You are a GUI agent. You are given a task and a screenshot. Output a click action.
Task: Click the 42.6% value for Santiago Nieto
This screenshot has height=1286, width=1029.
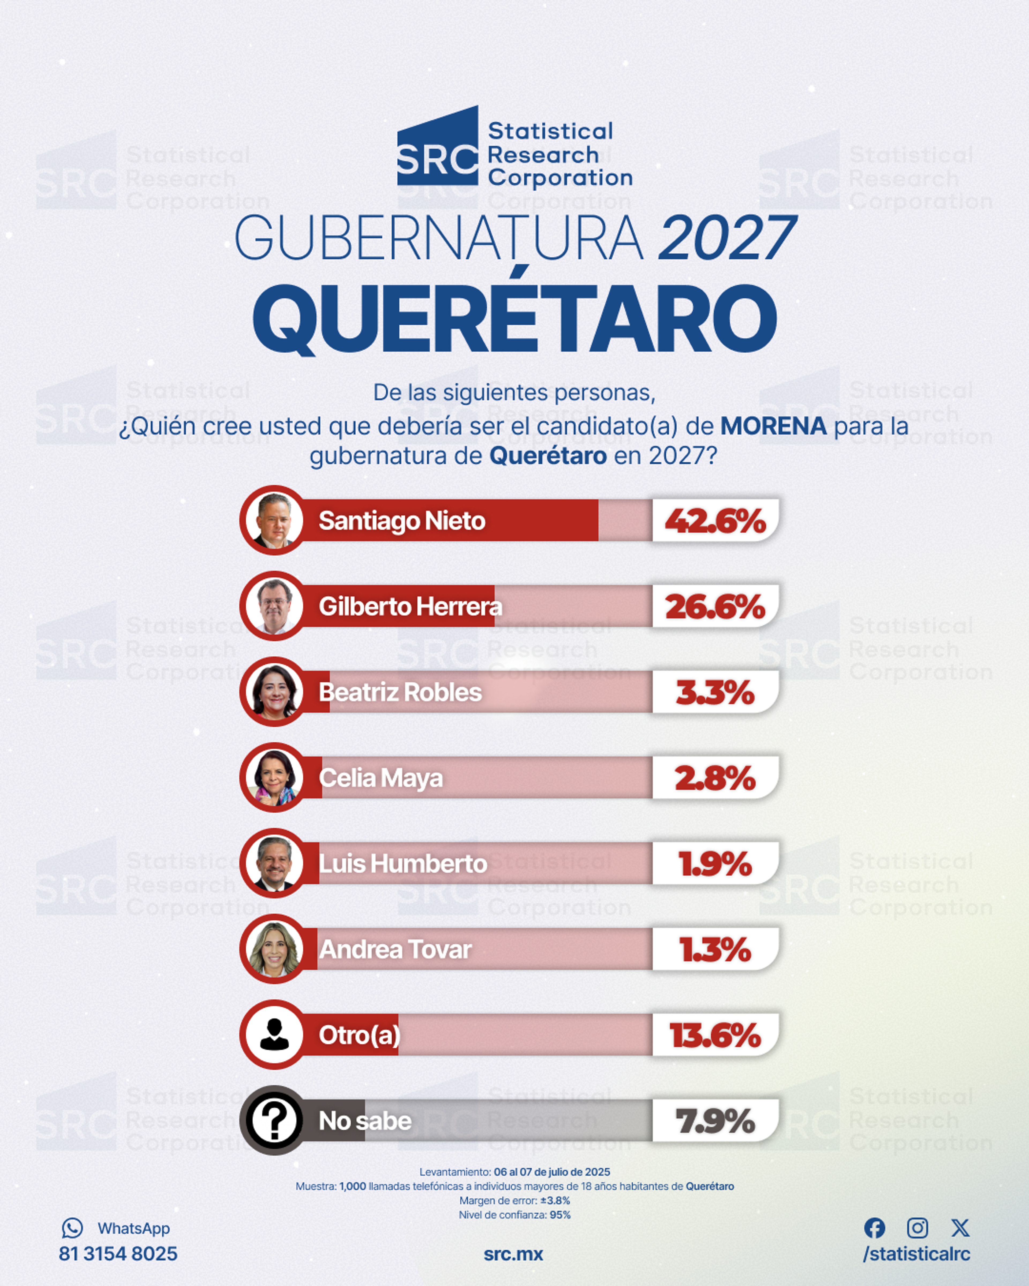click(x=715, y=521)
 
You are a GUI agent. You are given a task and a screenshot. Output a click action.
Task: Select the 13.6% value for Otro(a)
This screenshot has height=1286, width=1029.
click(x=715, y=1035)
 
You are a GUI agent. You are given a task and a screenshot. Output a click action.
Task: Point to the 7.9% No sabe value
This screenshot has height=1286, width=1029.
click(x=715, y=1121)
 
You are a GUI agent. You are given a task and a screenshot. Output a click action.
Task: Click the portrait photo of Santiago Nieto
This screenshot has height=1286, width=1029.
click(x=274, y=520)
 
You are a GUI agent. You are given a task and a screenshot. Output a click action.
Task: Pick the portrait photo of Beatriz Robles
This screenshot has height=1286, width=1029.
click(x=274, y=692)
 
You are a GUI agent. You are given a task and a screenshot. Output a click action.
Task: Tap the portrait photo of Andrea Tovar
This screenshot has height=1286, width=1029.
click(x=274, y=949)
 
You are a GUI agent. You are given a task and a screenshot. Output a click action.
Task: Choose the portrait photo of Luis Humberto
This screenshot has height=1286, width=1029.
click(x=274, y=863)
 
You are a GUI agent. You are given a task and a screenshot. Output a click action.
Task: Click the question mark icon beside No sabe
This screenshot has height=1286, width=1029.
click(x=274, y=1121)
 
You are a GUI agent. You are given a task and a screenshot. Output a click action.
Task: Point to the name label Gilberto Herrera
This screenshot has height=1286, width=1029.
click(x=411, y=607)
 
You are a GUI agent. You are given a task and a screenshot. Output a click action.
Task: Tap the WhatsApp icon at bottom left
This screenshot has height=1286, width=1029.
click(x=72, y=1228)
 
